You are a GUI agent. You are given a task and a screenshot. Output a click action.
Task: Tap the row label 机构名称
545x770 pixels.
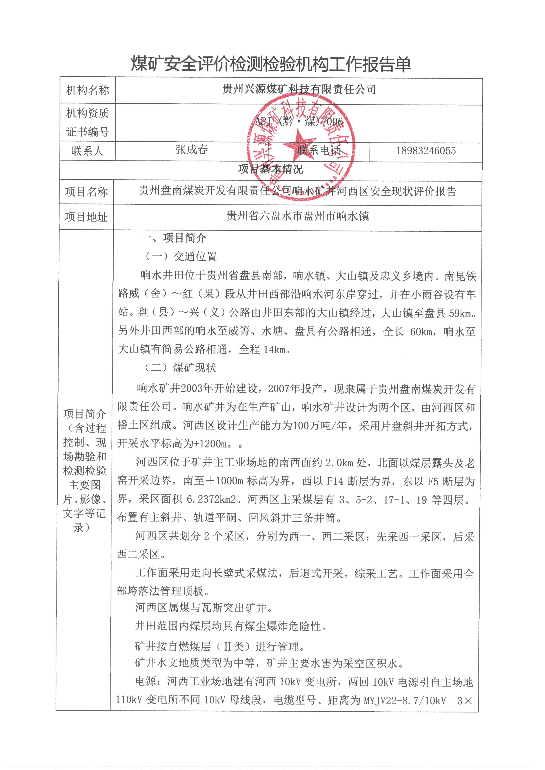[88, 90]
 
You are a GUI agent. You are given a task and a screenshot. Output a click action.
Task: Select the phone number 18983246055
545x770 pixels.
[426, 151]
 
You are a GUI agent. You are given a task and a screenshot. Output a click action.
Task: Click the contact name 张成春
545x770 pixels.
[192, 150]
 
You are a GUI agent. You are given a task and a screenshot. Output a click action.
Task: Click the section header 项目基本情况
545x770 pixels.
[271, 169]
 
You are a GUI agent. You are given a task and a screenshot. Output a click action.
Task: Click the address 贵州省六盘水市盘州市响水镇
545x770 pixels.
[298, 216]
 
